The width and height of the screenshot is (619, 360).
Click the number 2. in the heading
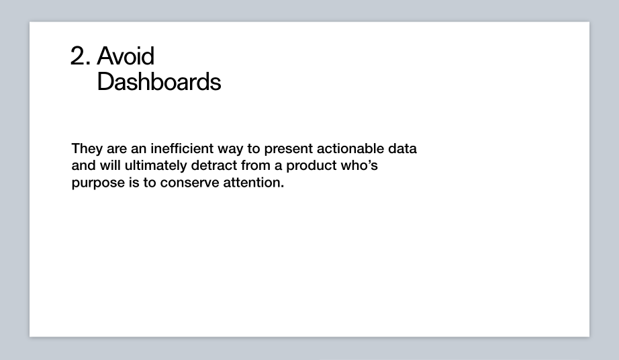tap(81, 56)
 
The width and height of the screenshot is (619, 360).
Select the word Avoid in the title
tap(126, 56)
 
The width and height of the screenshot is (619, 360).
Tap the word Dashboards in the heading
tap(159, 82)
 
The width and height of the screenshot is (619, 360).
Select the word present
tap(289, 150)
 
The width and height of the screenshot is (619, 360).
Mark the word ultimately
tap(156, 166)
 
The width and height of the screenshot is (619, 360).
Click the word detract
tap(214, 165)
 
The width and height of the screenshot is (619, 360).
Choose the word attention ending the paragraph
tap(254, 182)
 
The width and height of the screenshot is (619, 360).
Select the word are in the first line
tap(117, 150)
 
